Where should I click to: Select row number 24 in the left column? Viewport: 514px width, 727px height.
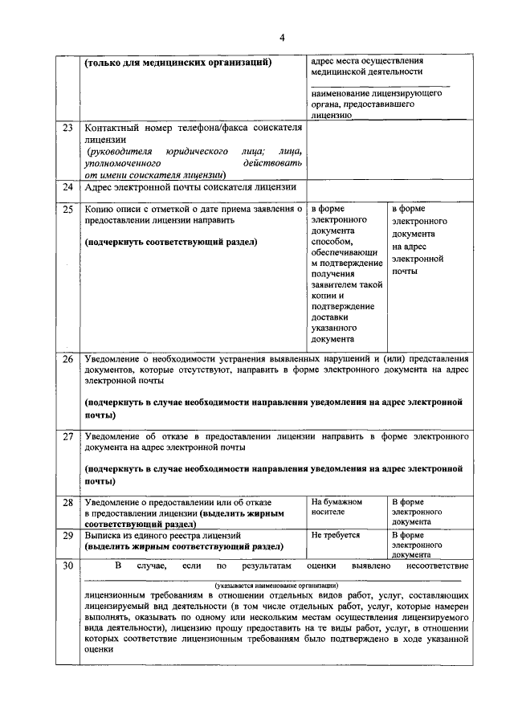tap(67, 187)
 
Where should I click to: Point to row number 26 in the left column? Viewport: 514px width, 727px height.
tap(67, 358)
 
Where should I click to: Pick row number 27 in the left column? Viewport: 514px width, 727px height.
tap(67, 437)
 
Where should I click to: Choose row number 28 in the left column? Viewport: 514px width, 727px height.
tap(67, 502)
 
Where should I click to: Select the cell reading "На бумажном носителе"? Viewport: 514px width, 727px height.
tap(337, 506)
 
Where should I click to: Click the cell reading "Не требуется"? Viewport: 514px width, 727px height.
tap(335, 534)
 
